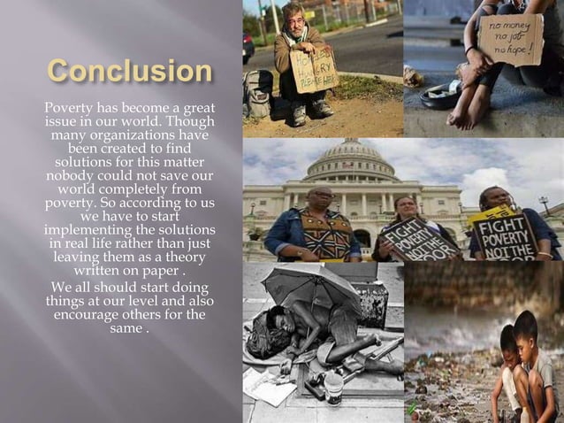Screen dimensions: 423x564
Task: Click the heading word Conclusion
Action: click(130, 72)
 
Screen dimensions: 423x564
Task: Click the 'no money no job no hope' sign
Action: click(510, 40)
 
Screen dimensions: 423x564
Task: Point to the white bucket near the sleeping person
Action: click(333, 386)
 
